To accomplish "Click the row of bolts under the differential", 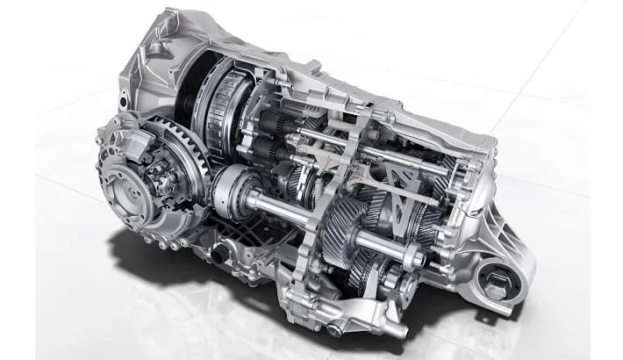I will pos(158,230).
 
